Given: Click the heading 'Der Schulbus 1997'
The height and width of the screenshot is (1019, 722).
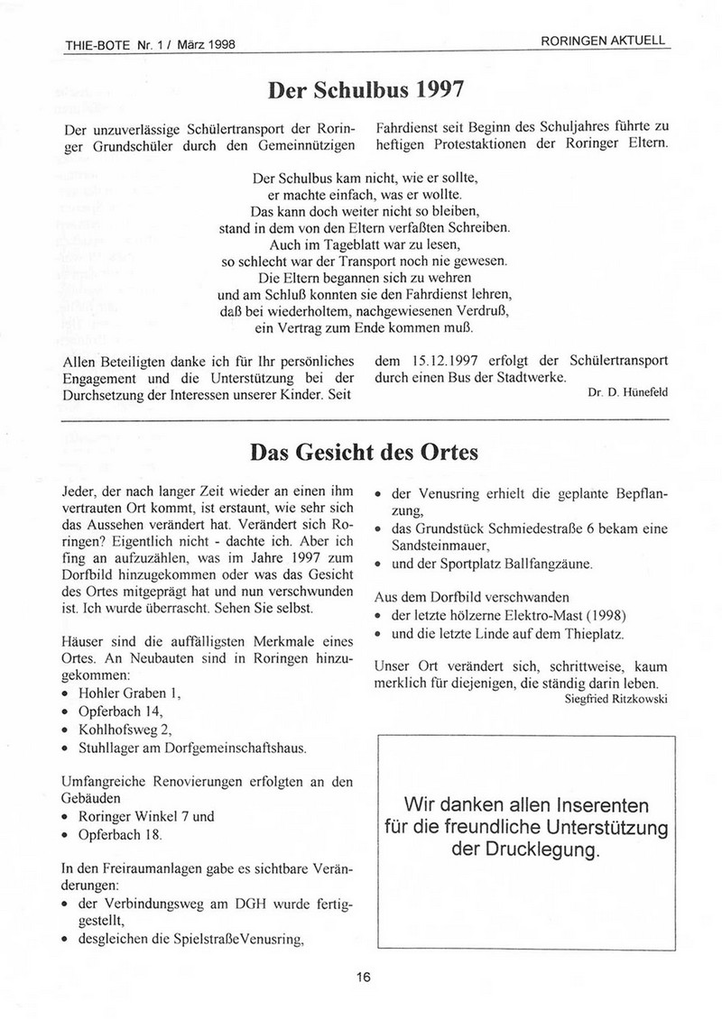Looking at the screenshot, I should click(x=366, y=90).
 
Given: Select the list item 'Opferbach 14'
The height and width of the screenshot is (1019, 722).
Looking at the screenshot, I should click(x=117, y=712).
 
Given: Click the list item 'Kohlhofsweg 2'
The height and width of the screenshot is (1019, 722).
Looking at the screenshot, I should click(x=125, y=730).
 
